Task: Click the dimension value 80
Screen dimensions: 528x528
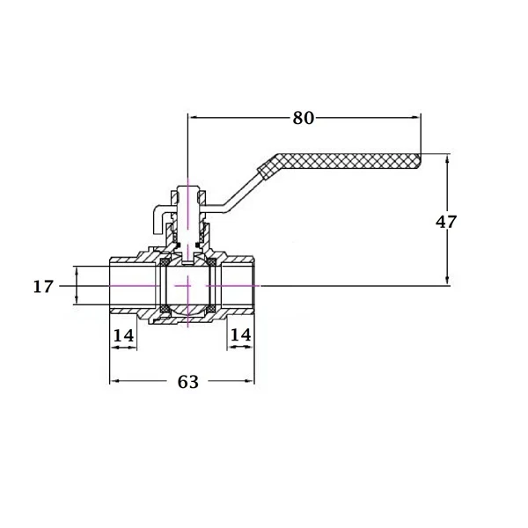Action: [303, 118]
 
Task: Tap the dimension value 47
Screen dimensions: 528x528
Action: [446, 222]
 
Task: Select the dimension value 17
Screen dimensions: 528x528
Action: [43, 287]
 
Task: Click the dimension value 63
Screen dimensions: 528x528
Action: [188, 382]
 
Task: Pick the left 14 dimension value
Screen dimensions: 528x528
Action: [123, 335]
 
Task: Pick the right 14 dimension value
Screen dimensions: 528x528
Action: [241, 334]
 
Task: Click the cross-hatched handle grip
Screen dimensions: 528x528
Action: [340, 164]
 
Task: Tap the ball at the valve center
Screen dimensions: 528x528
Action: [188, 285]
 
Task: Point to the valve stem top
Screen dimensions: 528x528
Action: [188, 187]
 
